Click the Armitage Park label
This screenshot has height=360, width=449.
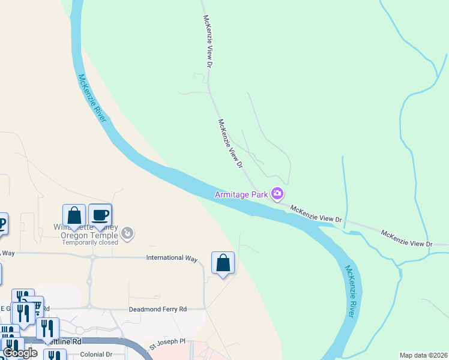(242, 194)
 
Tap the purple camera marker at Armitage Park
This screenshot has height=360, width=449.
(277, 194)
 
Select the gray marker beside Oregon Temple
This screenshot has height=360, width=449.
(127, 232)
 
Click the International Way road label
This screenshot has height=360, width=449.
(172, 258)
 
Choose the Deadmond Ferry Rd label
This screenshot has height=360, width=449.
(158, 309)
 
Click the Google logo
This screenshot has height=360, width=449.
(20, 353)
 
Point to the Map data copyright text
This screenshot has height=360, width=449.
(423, 355)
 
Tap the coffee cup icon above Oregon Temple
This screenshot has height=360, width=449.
(100, 215)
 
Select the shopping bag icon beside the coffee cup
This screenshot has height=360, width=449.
(74, 215)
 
